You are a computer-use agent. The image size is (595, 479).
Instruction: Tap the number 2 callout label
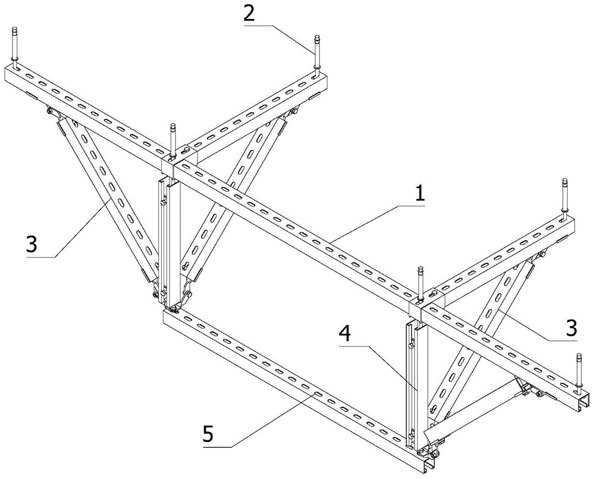[249, 13]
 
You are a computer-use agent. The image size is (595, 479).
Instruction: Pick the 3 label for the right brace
[571, 328]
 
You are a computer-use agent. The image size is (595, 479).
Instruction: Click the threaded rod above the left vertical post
[173, 140]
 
